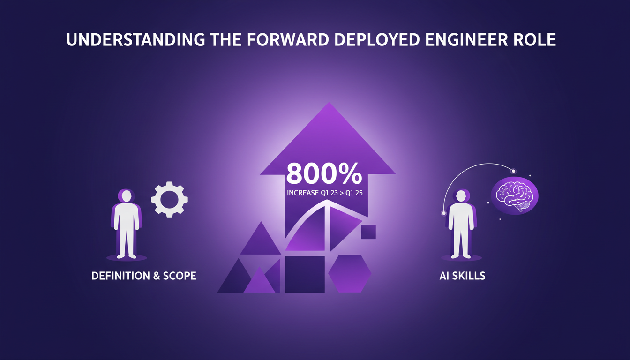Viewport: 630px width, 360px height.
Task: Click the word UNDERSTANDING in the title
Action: coord(135,40)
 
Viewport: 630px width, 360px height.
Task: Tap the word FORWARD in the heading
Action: coord(288,40)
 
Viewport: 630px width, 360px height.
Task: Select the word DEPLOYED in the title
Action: coord(377,40)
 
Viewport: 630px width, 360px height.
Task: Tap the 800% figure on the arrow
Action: coord(324,173)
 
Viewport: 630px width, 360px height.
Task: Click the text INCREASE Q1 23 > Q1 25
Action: coord(324,193)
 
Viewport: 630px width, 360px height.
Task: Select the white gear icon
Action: coord(169,199)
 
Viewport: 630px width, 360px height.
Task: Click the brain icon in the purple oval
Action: coord(514,196)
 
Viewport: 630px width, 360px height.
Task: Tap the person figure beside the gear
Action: coord(126,224)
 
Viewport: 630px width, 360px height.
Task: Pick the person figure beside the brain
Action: coord(461,224)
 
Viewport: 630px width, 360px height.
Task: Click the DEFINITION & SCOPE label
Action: coord(144,276)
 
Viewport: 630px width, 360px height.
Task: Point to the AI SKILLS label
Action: coord(462,276)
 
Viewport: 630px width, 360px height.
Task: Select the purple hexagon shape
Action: coord(350,273)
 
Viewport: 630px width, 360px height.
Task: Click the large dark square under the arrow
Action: coord(305,274)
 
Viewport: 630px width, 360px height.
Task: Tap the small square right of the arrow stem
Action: coord(368,232)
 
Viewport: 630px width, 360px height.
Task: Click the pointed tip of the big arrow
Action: coord(329,102)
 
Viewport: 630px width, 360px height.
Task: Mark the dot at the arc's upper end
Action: coord(514,171)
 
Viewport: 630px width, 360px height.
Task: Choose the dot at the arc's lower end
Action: coord(444,213)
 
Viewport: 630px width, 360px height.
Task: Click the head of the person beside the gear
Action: coord(126,196)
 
